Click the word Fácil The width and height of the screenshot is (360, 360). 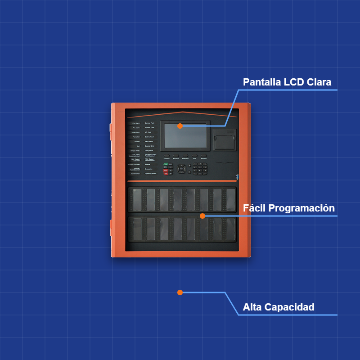pyautogui.click(x=254, y=208)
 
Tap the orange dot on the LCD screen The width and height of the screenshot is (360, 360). pyautogui.click(x=180, y=126)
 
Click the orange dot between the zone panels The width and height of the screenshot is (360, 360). pyautogui.click(x=202, y=216)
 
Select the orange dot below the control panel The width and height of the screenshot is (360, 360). pyautogui.click(x=180, y=292)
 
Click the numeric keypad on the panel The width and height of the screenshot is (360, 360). pyautogui.click(x=200, y=169)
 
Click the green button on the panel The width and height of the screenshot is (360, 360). pyautogui.click(x=166, y=165)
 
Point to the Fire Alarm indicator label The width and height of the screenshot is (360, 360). pyautogui.click(x=136, y=123)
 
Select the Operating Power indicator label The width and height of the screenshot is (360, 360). pyautogui.click(x=151, y=173)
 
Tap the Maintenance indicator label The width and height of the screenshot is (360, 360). pyautogui.click(x=135, y=173)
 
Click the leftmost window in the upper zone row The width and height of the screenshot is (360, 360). pyautogui.click(x=137, y=199)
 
